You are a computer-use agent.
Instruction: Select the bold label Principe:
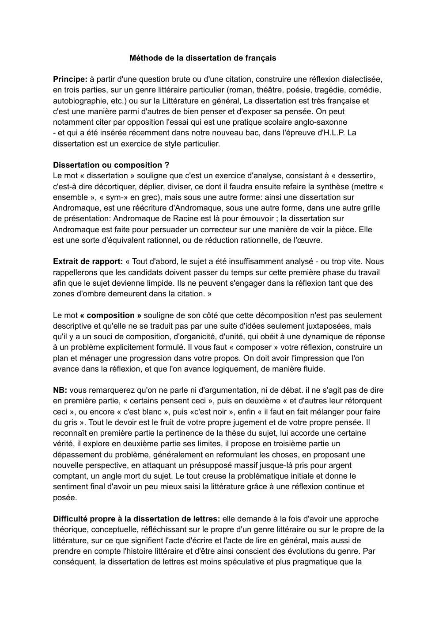[70, 80]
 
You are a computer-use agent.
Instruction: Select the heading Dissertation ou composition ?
[111, 165]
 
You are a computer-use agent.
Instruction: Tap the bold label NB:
[60, 390]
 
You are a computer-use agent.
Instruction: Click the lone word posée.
[64, 497]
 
